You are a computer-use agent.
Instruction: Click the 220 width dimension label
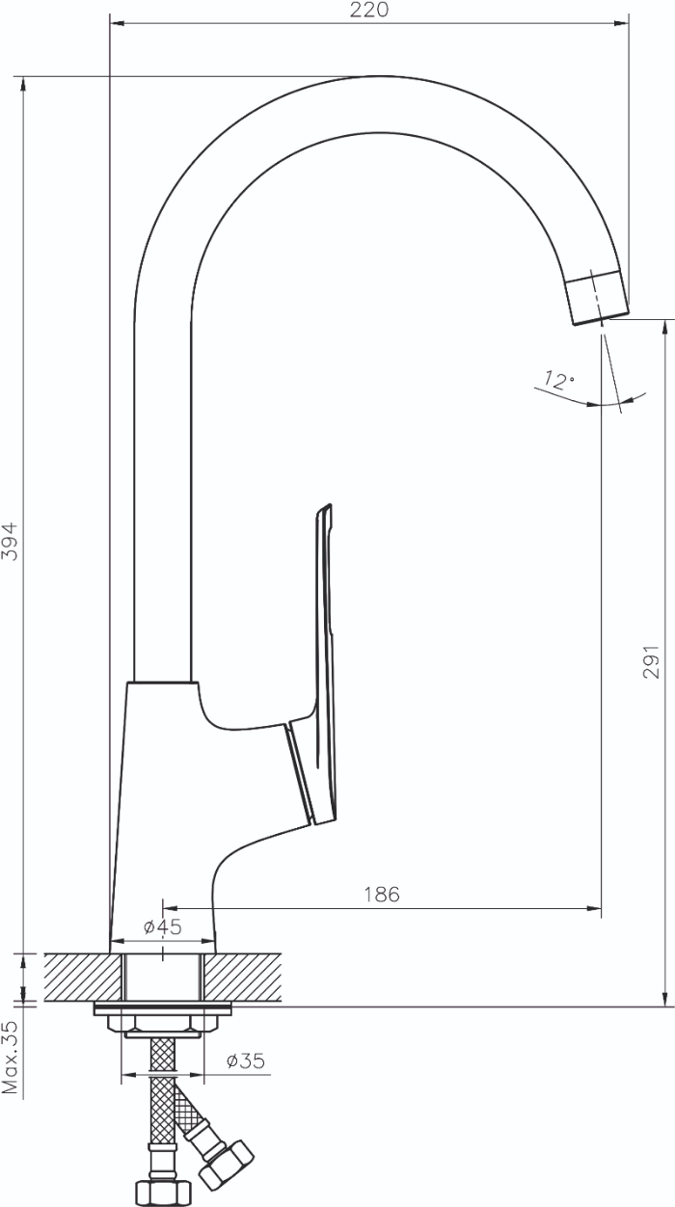tap(368, 10)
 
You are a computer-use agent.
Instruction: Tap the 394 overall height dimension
tap(10, 541)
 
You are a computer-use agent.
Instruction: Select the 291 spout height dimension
tap(651, 661)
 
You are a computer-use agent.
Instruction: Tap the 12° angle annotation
tap(559, 381)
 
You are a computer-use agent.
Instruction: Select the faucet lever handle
tap(318, 668)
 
